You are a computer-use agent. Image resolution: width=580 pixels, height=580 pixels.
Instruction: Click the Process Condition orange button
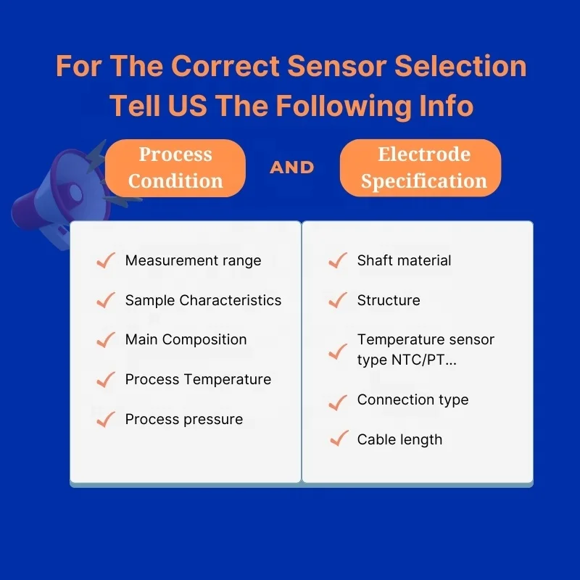[175, 167]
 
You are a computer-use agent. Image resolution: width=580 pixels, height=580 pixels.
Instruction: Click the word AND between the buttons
[292, 167]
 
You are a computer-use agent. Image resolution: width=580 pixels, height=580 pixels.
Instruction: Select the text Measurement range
[193, 260]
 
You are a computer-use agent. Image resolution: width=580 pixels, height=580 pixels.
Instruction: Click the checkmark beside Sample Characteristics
[106, 300]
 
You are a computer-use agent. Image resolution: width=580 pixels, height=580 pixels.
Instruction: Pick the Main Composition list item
[186, 339]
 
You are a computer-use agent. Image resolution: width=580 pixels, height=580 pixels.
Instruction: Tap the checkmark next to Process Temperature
[106, 379]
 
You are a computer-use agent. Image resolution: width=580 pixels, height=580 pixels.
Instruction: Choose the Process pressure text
[183, 419]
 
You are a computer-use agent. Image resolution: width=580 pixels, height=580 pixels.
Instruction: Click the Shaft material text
[404, 260]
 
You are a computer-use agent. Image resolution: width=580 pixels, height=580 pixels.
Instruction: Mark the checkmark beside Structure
[338, 300]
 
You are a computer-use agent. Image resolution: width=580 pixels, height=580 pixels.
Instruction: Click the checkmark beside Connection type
[338, 400]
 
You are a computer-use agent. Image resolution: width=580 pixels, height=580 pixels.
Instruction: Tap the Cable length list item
[399, 439]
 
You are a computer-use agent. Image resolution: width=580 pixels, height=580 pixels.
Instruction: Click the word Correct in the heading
[226, 67]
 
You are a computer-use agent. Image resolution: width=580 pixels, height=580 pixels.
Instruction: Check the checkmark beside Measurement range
[106, 261]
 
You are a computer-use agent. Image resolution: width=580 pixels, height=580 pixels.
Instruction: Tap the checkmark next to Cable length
[338, 439]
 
